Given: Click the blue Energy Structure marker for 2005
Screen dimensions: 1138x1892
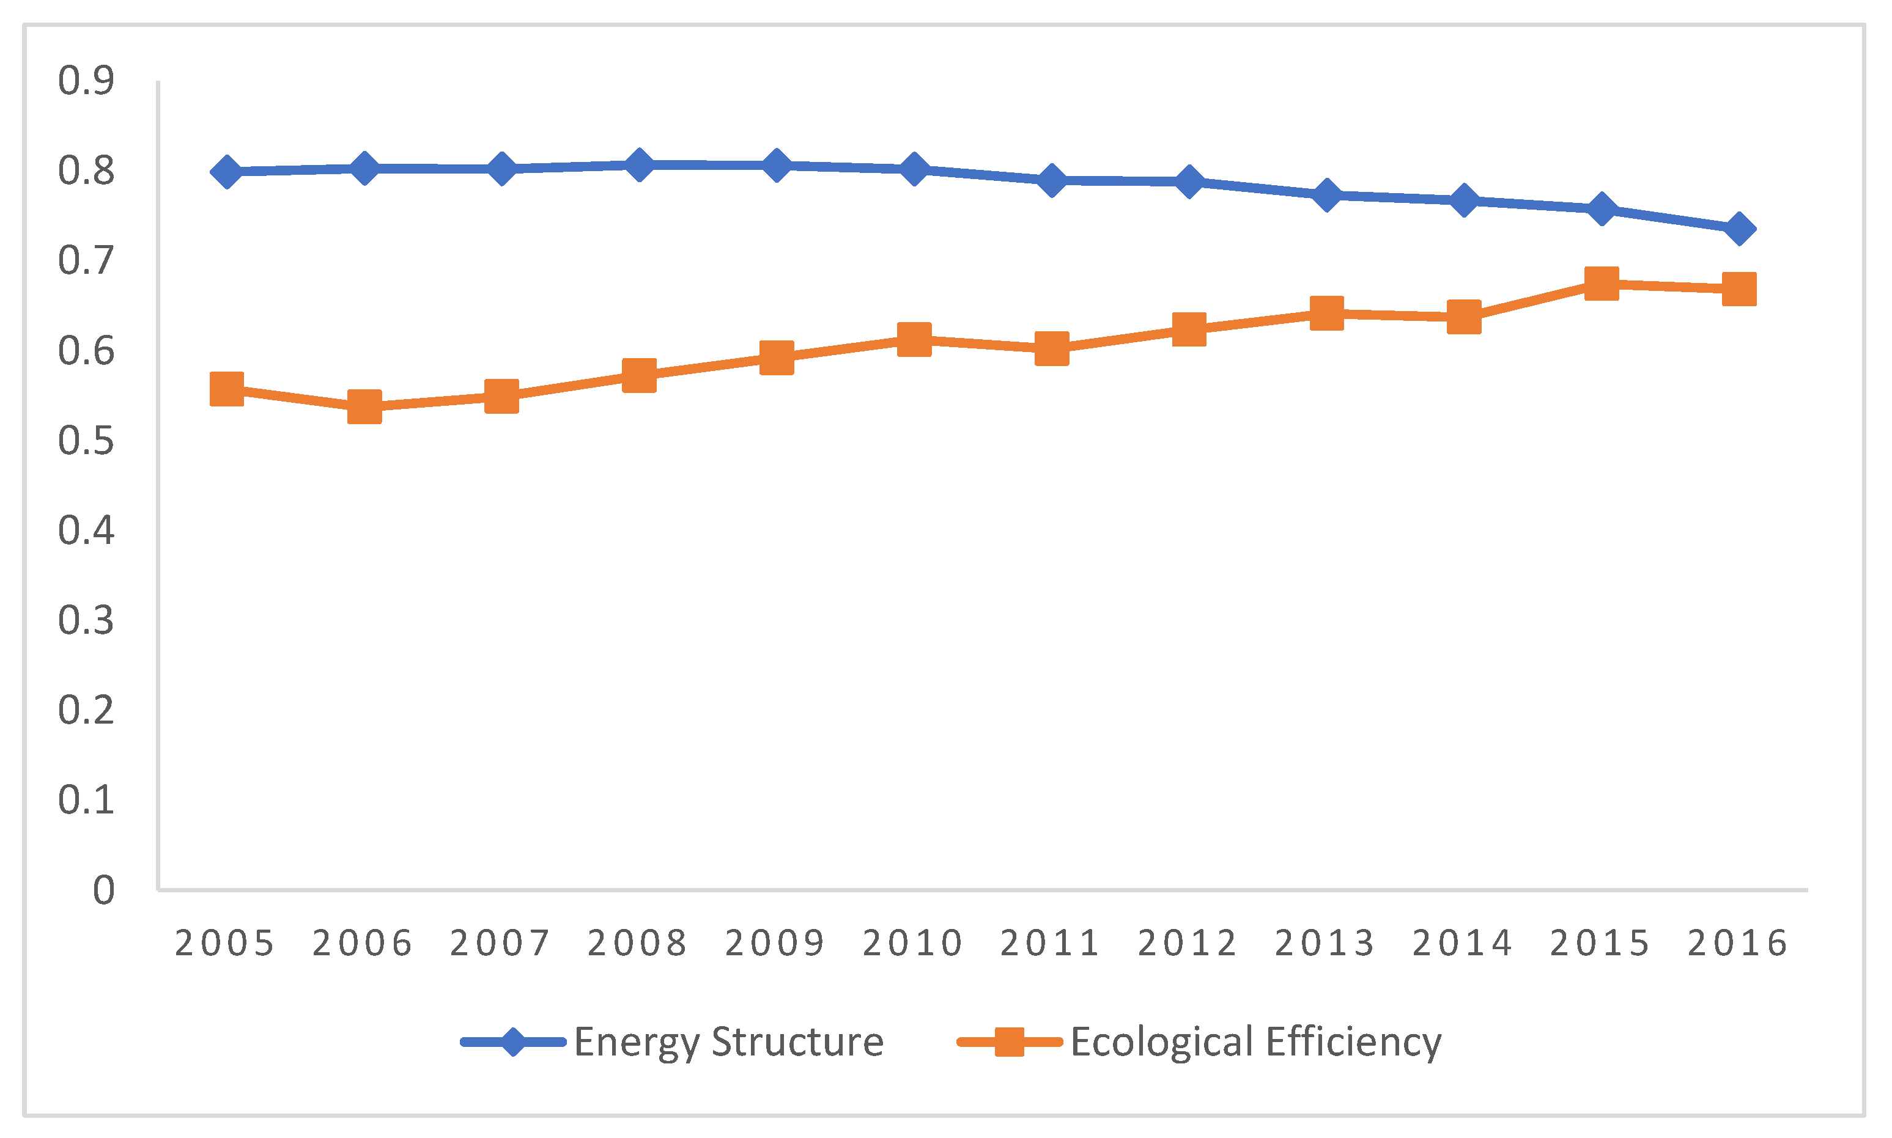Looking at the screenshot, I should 227,172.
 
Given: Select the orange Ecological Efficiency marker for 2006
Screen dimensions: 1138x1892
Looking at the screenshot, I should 364,406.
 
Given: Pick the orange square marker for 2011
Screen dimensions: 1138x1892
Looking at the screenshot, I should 1052,349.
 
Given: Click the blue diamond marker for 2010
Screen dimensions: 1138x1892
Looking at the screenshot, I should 914,169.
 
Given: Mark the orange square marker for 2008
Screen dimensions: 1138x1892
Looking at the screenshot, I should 639,375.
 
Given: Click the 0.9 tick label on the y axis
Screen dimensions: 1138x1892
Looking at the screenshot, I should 86,81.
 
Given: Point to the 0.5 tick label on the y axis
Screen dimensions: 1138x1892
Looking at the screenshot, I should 86,441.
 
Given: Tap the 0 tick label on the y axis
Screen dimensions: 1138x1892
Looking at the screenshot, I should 103,891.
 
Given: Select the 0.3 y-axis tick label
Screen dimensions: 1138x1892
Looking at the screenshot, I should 86,620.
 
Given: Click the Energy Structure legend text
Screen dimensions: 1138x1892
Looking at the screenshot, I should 729,1042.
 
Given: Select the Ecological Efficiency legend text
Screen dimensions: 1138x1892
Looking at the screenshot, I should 1256,1042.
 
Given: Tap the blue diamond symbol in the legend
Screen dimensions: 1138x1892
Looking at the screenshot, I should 513,1042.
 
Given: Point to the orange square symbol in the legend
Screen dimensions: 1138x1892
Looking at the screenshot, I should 1009,1042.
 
